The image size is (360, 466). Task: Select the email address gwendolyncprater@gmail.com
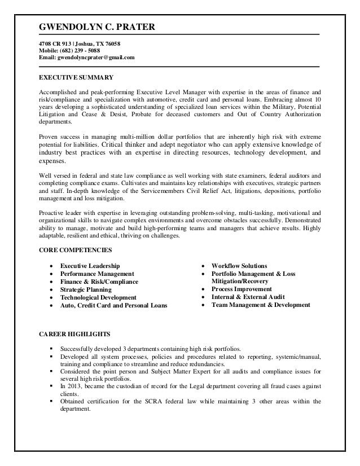coord(97,58)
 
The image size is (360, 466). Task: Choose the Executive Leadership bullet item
coord(90,266)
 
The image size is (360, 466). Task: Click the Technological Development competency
coord(98,297)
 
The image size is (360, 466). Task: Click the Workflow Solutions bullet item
coord(239,266)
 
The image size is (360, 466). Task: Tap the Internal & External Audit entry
coord(248,297)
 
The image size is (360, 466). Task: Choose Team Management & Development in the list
coord(261,305)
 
